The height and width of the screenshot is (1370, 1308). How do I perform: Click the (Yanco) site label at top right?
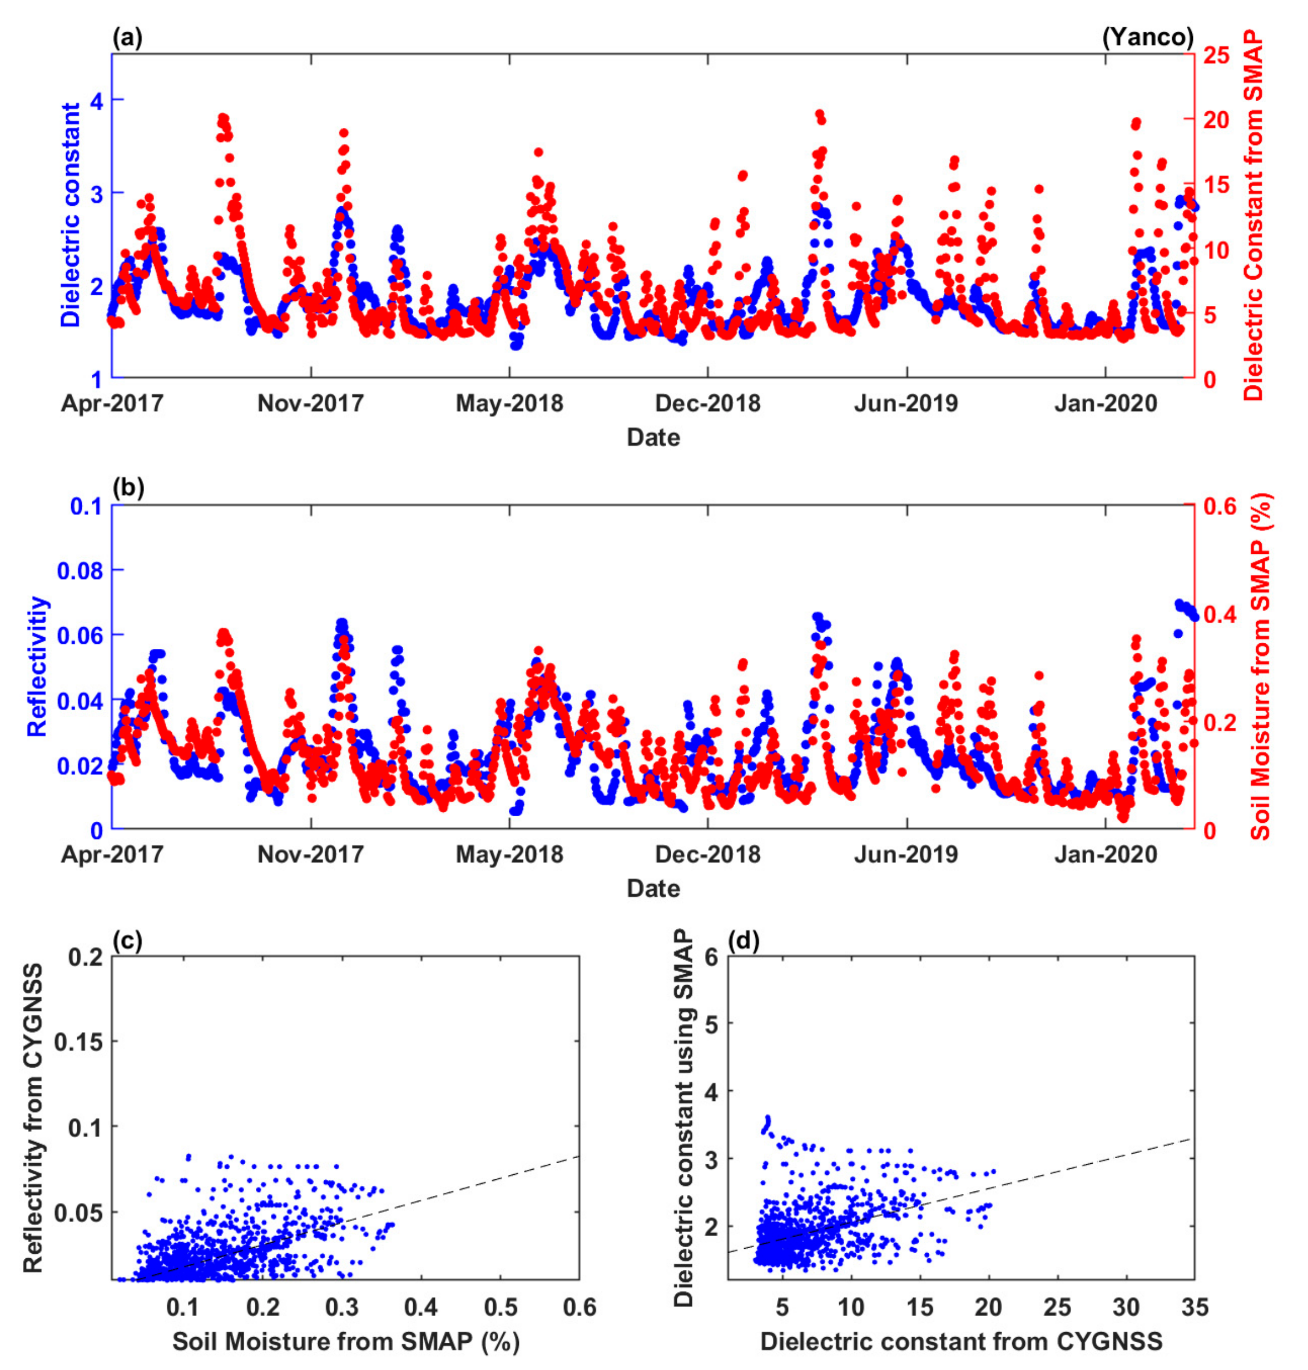[1148, 37]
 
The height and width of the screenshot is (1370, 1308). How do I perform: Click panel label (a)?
[127, 37]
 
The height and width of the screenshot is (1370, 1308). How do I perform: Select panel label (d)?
[743, 941]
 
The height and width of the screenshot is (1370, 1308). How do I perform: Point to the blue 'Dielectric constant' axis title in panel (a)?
[71, 215]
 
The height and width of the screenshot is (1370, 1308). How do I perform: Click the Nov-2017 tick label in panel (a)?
[310, 403]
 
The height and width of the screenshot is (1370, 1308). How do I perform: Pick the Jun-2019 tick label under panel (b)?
[906, 854]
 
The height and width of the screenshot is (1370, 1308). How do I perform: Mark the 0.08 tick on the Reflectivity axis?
[80, 571]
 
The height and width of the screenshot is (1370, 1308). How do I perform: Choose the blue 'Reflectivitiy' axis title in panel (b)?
[38, 667]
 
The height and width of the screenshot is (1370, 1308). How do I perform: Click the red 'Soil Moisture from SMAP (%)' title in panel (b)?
[1261, 667]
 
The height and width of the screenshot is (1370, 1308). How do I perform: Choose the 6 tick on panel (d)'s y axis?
[711, 956]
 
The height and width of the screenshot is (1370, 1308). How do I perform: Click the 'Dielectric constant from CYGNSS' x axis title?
[961, 1341]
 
